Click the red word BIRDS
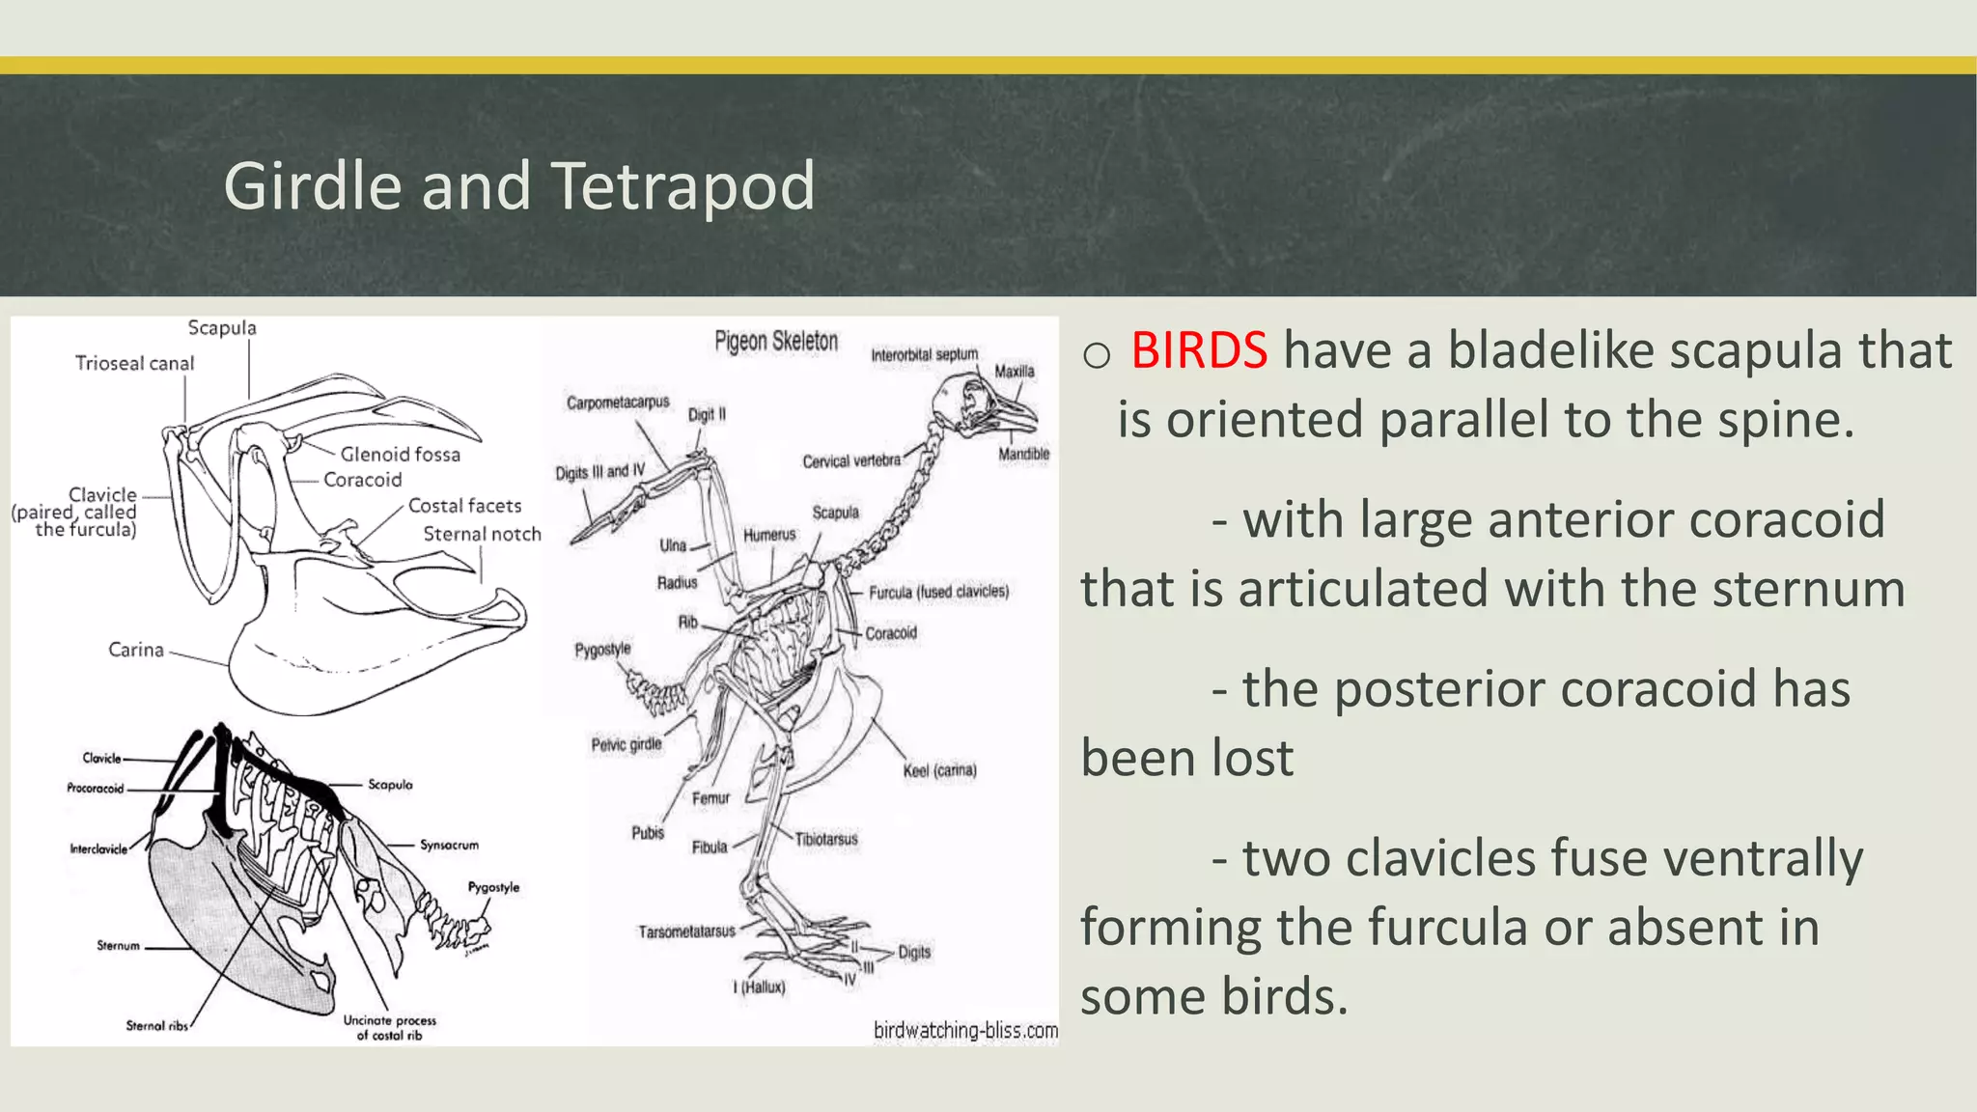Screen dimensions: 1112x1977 click(1198, 350)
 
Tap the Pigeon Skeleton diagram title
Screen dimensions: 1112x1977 click(776, 342)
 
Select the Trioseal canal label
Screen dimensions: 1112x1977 click(134, 363)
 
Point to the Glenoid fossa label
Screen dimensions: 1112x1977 click(400, 454)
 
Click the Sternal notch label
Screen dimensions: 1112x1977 click(482, 534)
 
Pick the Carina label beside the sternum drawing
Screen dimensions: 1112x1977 click(136, 650)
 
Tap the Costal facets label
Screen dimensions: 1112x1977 click(464, 506)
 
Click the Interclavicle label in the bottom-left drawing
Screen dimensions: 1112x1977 click(97, 849)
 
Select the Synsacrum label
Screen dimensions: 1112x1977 click(449, 845)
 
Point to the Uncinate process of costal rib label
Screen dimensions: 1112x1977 click(389, 1027)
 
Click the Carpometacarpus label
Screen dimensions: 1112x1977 click(618, 403)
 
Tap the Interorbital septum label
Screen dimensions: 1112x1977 click(924, 355)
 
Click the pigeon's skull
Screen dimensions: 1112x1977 click(970, 401)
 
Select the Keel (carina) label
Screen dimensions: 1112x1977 click(939, 770)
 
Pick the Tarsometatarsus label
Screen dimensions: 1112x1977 click(686, 931)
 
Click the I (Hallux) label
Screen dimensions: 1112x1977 click(759, 987)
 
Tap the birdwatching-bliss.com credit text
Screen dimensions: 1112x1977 click(965, 1030)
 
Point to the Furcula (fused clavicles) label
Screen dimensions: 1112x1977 click(938, 592)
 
